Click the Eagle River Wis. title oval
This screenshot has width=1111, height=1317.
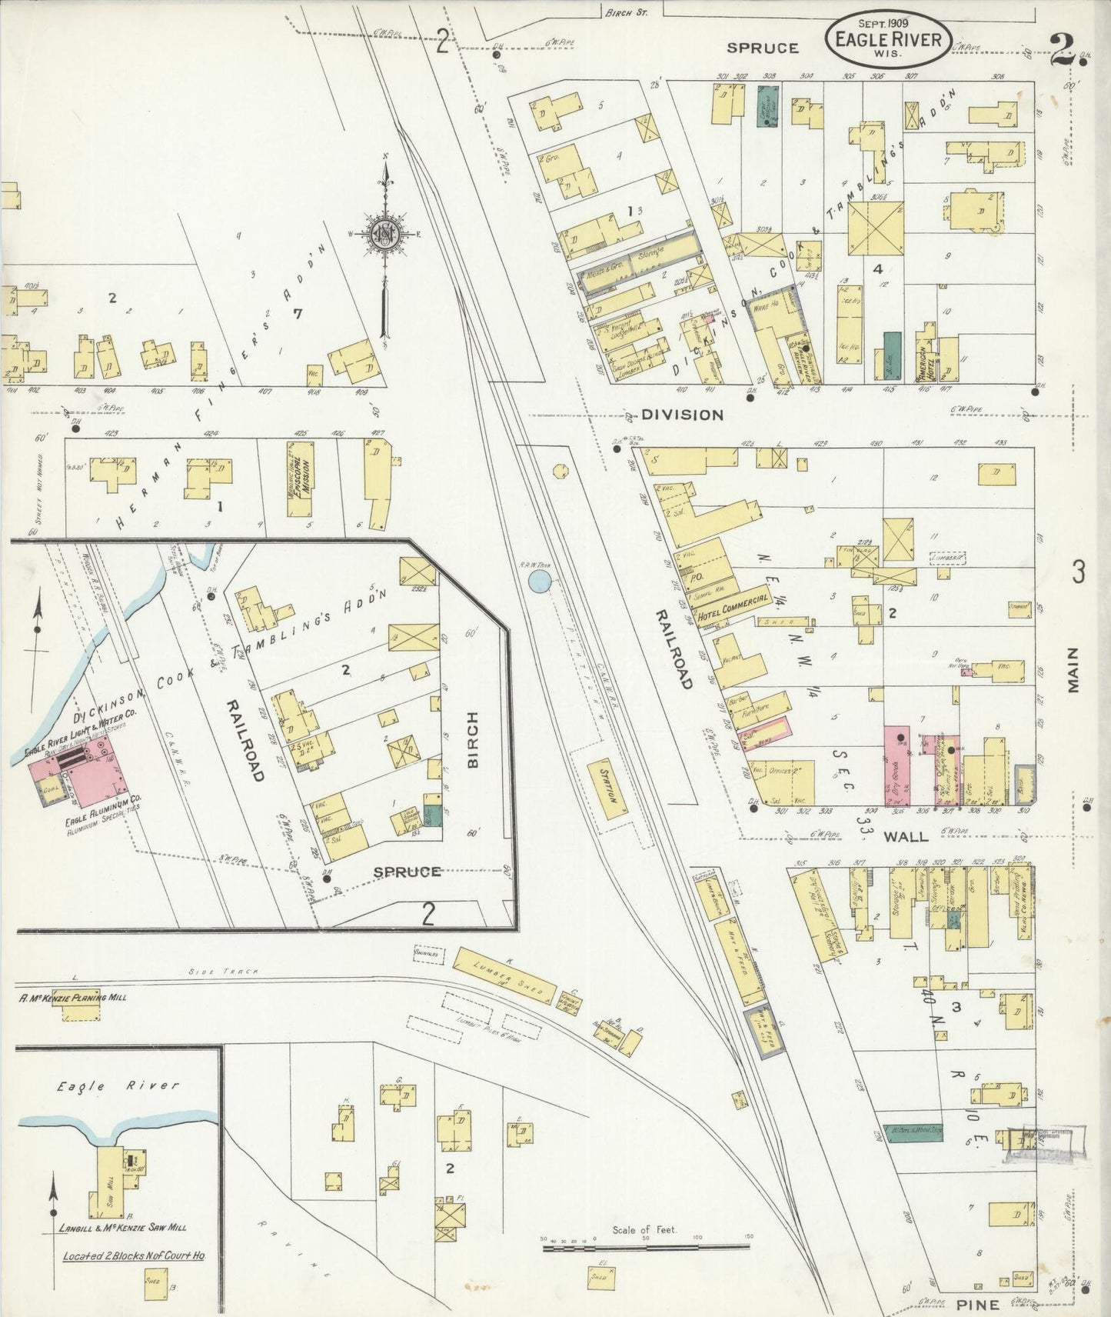pos(888,35)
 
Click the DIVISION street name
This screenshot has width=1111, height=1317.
pos(683,415)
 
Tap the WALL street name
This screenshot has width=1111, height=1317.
pos(905,835)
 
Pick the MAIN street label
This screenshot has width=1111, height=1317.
pos(1073,669)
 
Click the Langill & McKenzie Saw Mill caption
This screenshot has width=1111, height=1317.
pos(122,1228)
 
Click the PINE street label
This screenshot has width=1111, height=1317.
pos(978,1304)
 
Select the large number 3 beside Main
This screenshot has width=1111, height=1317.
pos(1079,572)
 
